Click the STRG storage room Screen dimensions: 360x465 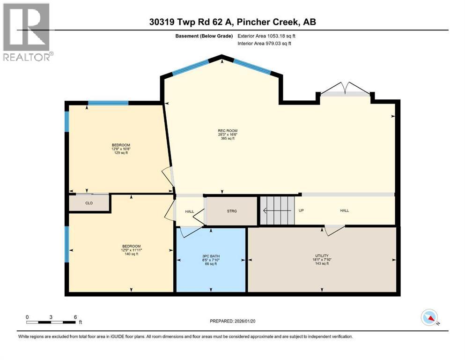(x=232, y=211)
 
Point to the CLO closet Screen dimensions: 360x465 (x=89, y=203)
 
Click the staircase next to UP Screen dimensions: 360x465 (x=277, y=211)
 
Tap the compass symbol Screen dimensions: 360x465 (x=429, y=318)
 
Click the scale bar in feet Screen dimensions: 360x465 (x=51, y=322)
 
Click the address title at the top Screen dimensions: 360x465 (x=232, y=22)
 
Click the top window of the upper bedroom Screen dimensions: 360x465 (x=108, y=103)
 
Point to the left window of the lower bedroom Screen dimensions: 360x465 (x=67, y=244)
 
